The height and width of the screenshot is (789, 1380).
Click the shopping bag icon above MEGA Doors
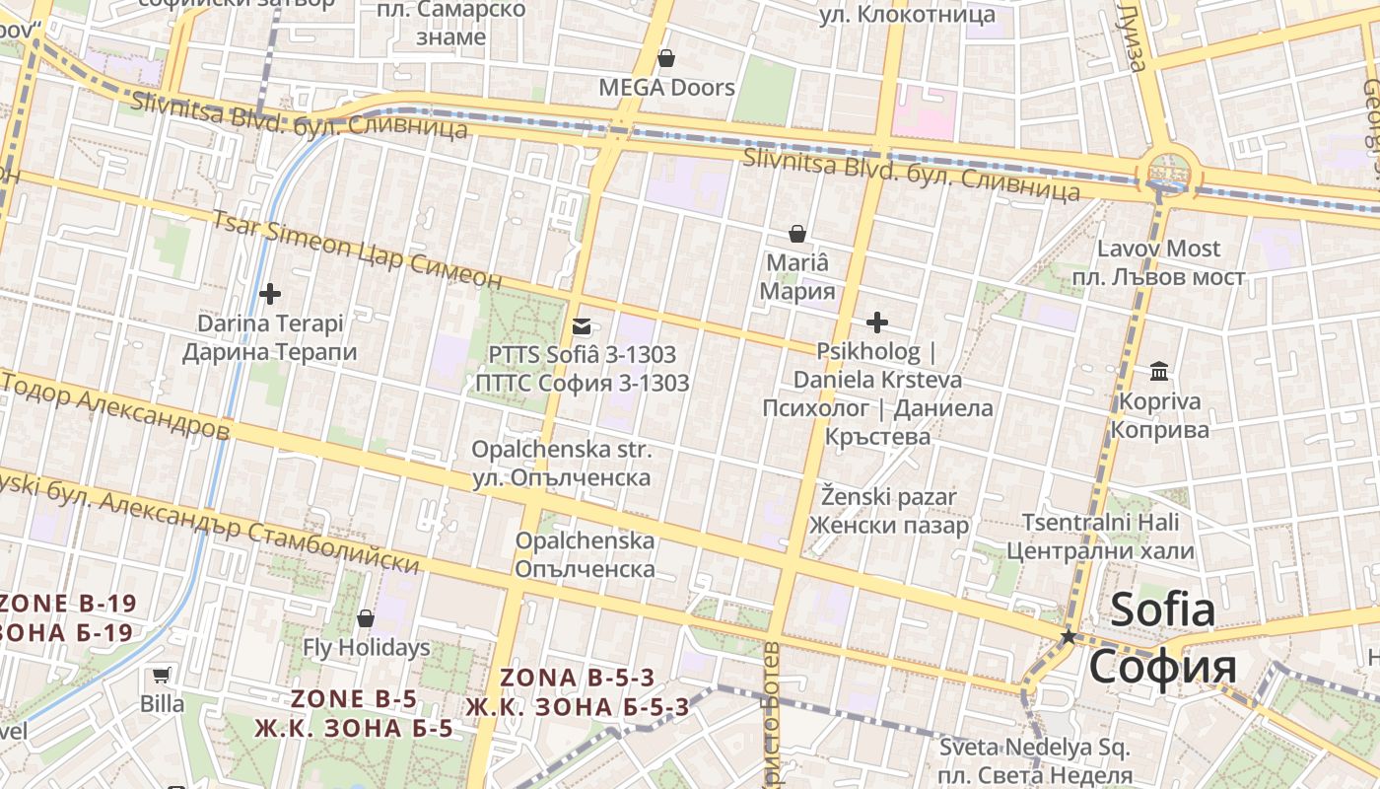tap(666, 58)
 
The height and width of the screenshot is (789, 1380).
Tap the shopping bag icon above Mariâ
tap(797, 234)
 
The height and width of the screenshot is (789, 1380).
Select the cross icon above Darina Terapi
tap(270, 293)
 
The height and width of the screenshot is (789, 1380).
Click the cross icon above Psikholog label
tap(876, 323)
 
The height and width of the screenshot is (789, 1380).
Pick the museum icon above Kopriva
tap(1159, 372)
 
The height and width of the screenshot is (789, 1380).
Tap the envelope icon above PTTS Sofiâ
tap(582, 325)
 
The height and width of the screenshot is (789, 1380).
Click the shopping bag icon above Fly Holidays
tap(366, 618)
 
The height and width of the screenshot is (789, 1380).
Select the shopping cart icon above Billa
tap(162, 676)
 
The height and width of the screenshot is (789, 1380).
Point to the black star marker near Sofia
tap(1068, 637)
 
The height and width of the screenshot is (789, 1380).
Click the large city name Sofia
tap(1163, 610)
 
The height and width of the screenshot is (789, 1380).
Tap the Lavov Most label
tap(1158, 249)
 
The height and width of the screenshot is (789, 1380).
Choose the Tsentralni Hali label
tap(1099, 522)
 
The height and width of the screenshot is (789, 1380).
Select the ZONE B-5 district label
tap(354, 699)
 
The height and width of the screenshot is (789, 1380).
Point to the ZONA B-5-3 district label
tap(577, 679)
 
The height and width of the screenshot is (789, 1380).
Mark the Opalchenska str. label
tap(561, 450)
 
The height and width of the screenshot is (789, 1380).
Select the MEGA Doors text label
tap(667, 88)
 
